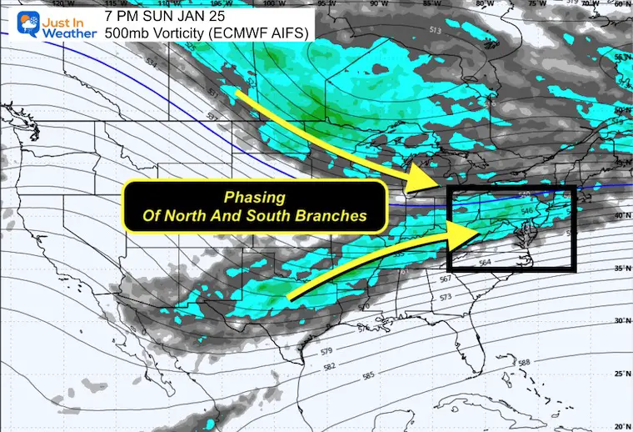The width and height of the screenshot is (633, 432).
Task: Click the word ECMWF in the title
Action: point(219,33)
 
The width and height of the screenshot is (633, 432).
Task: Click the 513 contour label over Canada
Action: point(436,30)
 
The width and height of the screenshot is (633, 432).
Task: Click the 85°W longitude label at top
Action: point(428,4)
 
